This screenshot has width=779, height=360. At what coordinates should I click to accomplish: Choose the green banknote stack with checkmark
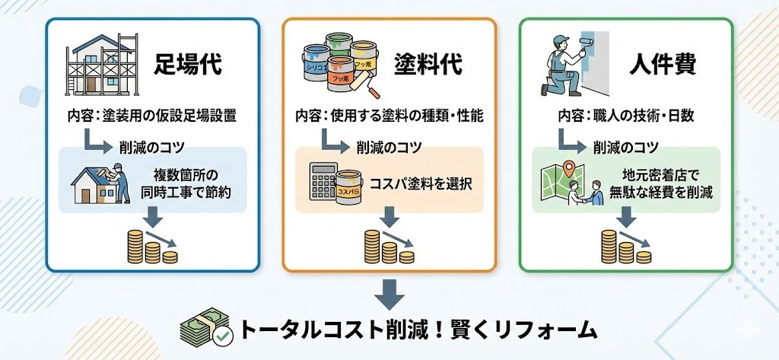pos(205,329)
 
